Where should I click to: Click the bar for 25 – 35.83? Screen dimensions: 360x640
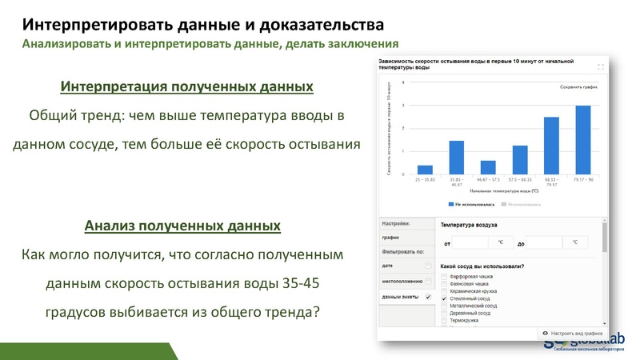click(425, 170)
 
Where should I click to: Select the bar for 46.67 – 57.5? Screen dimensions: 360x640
click(488, 167)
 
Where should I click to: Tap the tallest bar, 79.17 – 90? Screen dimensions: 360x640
click(583, 140)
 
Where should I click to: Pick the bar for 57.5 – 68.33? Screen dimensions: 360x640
click(520, 160)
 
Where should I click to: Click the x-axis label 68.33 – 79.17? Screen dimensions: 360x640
click(551, 182)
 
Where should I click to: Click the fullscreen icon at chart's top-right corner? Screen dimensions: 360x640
click(600, 66)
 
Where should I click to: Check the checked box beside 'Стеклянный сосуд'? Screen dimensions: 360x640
click(444, 298)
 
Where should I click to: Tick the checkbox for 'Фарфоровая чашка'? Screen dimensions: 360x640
click(444, 276)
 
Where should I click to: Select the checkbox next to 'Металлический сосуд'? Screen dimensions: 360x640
click(444, 306)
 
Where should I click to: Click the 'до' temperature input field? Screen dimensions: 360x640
click(546, 242)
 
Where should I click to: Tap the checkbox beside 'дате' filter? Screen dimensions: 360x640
click(428, 266)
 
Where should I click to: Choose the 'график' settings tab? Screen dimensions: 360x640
click(391, 238)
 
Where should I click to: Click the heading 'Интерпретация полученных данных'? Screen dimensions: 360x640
click(186, 86)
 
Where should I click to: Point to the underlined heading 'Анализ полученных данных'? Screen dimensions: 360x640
click(182, 226)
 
